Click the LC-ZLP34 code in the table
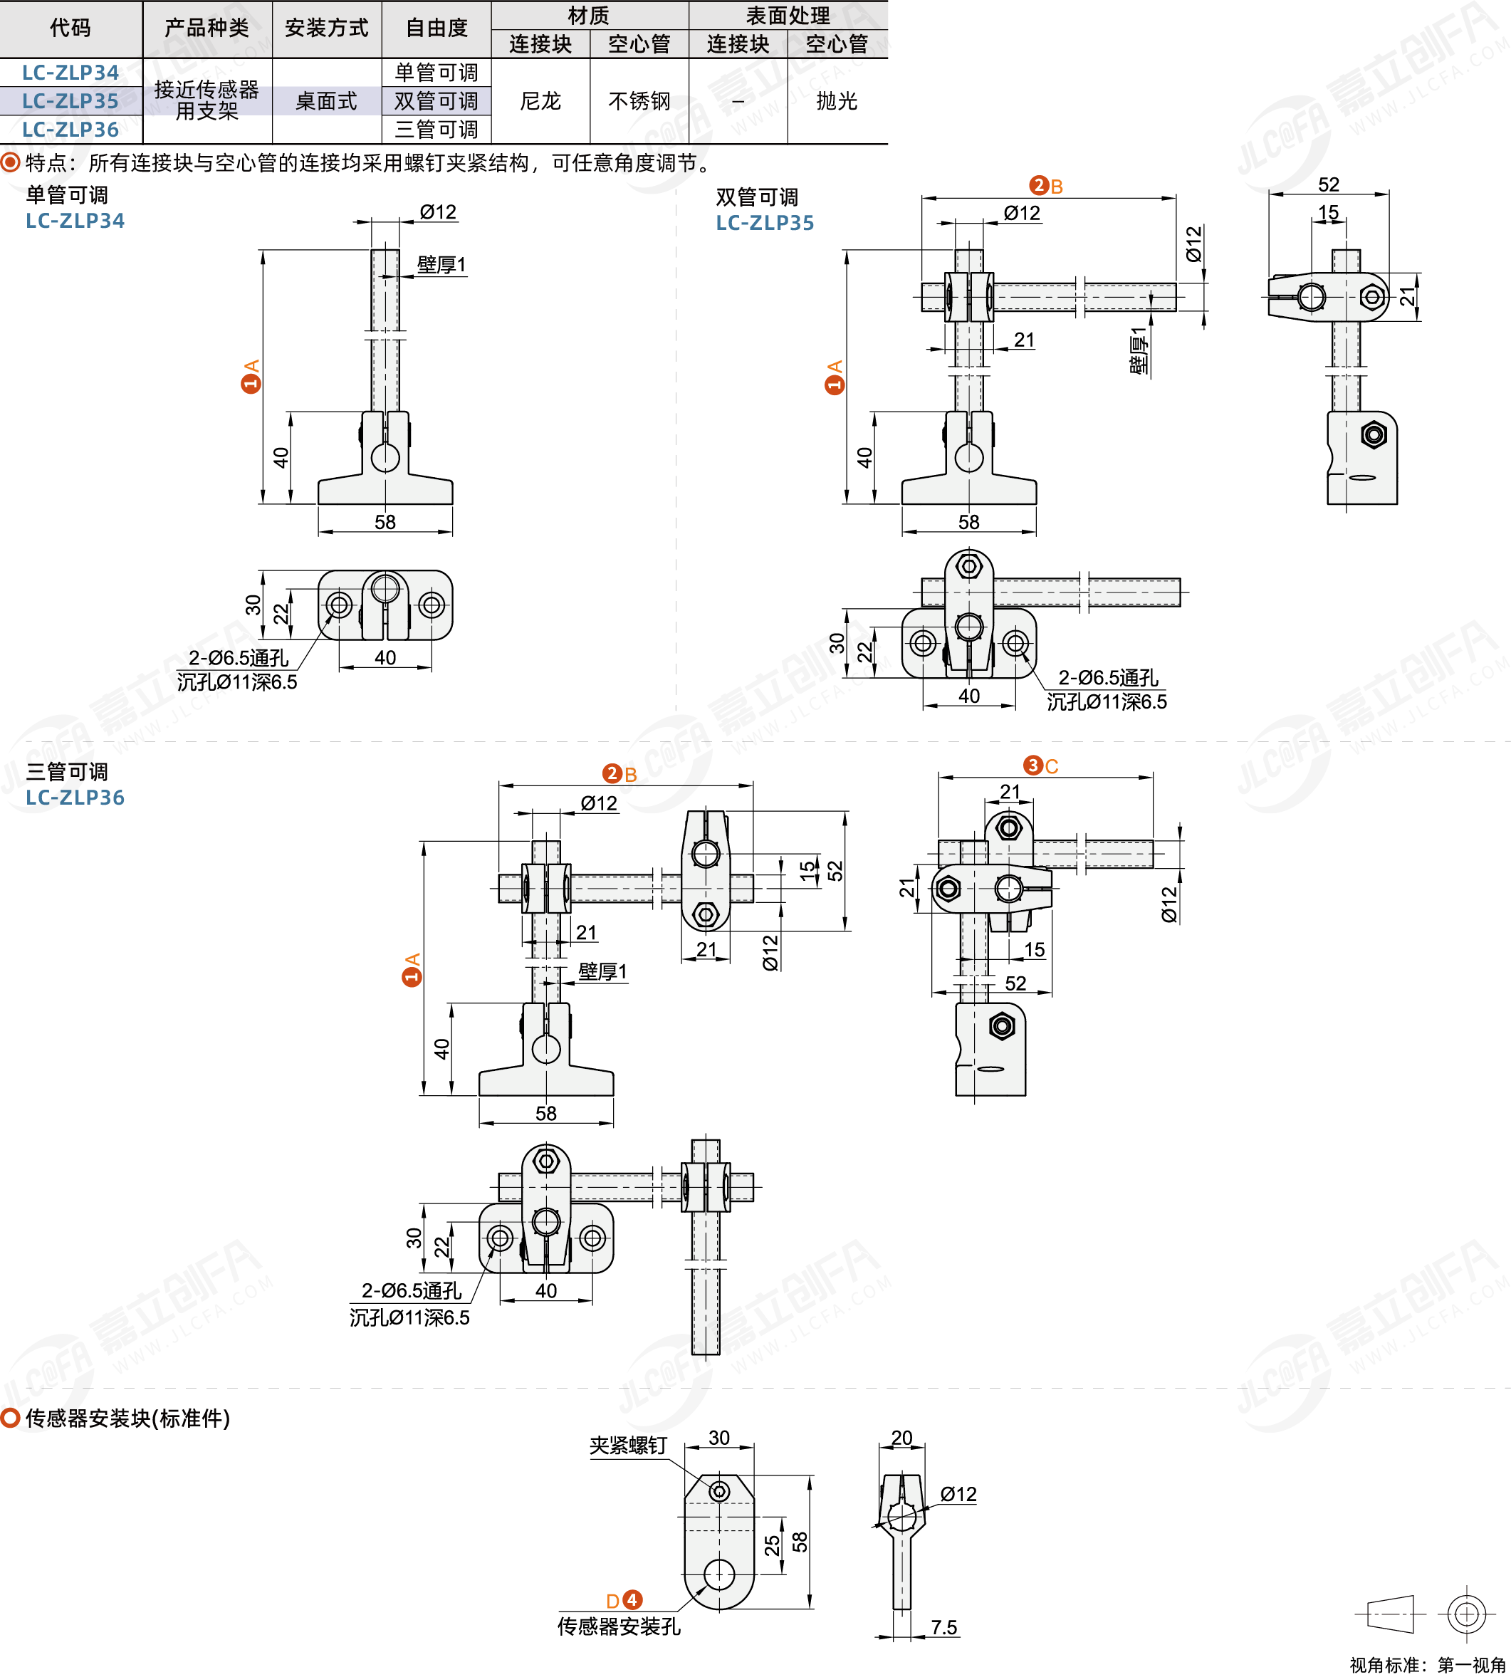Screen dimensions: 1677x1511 [x=70, y=73]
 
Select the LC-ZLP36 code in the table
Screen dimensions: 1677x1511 [x=70, y=130]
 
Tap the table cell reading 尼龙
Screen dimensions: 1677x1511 [x=540, y=101]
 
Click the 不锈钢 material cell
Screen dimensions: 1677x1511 [x=639, y=101]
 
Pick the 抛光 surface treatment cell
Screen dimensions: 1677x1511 [x=837, y=101]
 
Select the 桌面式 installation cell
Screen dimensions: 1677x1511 [x=326, y=101]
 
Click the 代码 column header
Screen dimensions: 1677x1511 [x=70, y=28]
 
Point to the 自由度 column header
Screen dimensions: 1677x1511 [x=436, y=28]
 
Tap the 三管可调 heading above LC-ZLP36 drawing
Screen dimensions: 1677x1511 [x=67, y=772]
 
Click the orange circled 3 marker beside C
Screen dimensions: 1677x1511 [x=1032, y=766]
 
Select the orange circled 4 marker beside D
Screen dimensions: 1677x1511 [x=632, y=1600]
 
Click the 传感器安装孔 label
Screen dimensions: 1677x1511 [x=619, y=1626]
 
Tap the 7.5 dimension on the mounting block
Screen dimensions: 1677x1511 [x=944, y=1627]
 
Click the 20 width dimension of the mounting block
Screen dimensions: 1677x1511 [x=901, y=1438]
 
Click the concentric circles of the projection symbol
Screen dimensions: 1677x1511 [x=1466, y=1614]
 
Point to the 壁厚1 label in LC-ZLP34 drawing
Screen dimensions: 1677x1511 [x=441, y=265]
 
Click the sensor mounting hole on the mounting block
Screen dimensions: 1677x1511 [x=719, y=1574]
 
